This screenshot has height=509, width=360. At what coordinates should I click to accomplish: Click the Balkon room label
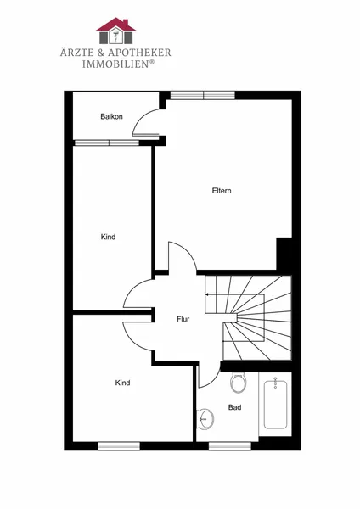111,116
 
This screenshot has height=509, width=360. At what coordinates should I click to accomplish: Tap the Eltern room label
222,191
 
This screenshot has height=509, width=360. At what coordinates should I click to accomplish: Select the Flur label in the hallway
183,319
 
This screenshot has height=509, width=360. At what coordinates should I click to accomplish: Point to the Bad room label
234,407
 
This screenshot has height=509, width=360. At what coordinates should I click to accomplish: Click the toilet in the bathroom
239,383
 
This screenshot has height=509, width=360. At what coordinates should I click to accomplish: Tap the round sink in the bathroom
205,418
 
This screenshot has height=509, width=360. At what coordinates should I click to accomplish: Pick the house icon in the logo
115,31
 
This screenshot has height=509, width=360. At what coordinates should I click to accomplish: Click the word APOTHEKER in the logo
139,53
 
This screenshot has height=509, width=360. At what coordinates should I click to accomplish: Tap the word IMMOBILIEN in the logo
115,64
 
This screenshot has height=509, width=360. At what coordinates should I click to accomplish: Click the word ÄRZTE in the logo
76,52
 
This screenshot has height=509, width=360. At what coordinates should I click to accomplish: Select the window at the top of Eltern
203,95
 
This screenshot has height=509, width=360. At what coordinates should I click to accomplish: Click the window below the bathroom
230,446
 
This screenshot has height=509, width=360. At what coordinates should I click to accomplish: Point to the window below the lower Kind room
119,446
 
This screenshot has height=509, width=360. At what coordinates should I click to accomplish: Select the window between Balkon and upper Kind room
107,143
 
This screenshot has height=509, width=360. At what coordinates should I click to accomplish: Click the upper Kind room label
108,237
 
